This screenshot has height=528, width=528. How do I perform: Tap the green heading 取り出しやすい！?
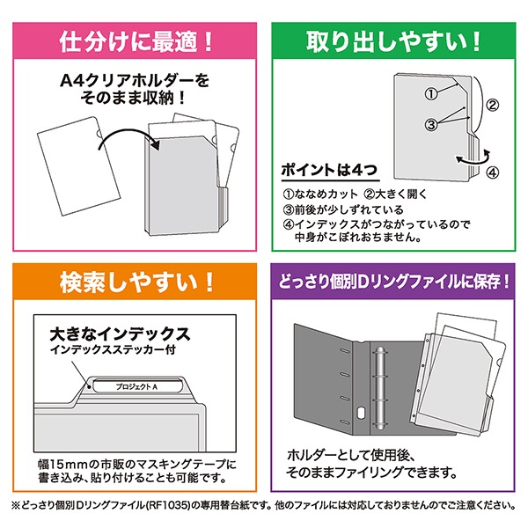pos(393,41)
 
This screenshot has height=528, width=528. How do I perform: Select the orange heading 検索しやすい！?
pos(136,282)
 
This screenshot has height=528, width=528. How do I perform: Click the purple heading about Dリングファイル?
pos(393,282)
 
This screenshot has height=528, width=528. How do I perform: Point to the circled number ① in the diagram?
pos(431,94)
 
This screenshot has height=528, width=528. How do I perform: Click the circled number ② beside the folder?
pos(492,106)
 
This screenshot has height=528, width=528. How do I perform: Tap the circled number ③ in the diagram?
pos(431,125)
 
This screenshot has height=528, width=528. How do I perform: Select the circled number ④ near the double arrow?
pos(492,172)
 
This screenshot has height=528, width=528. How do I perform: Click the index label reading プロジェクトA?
pos(136,386)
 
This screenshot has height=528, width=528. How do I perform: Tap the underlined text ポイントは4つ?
pos(329,170)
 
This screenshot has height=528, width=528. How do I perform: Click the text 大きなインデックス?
pos(120,334)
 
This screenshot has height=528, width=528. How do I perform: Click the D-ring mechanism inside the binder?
pos(379,388)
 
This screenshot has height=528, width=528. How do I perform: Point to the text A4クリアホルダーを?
pos(135,80)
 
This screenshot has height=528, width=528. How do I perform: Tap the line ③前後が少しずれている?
pos(343,209)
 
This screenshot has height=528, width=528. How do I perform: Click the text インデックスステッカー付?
pos(113,350)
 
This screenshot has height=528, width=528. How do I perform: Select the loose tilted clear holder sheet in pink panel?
pos(78,166)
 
